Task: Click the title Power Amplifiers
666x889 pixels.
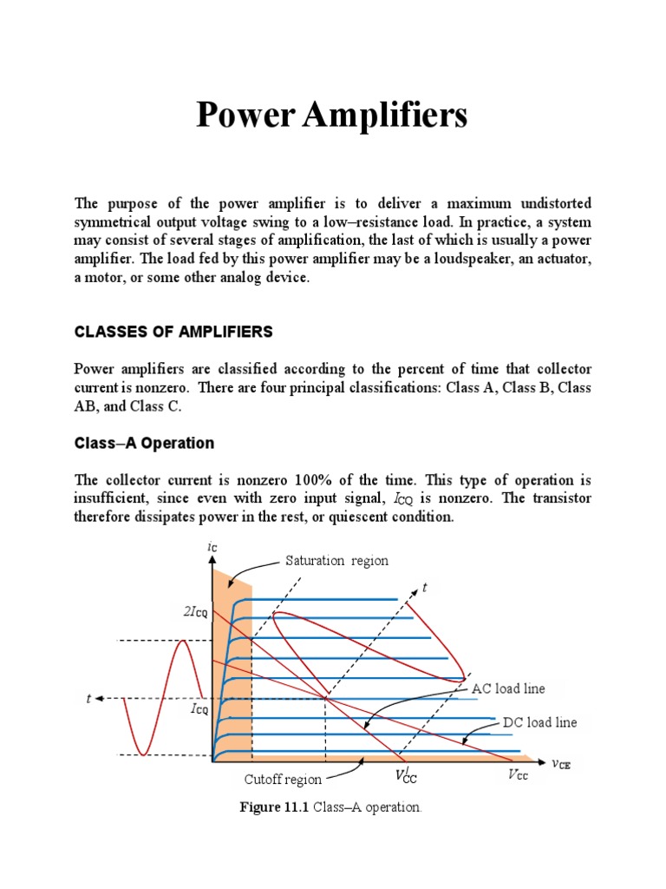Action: tap(332, 115)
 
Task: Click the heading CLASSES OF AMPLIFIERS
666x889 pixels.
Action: tap(173, 332)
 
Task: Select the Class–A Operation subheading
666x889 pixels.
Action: tap(144, 443)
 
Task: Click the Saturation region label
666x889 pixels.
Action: tap(337, 561)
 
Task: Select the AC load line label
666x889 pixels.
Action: tap(509, 688)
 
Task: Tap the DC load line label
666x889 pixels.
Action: tap(539, 722)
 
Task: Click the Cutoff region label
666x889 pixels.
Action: tap(283, 780)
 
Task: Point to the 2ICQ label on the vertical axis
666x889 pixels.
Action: tap(195, 612)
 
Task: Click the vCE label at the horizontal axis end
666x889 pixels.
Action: tap(561, 764)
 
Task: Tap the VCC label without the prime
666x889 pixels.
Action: tap(518, 775)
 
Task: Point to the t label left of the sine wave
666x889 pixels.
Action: tap(88, 698)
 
